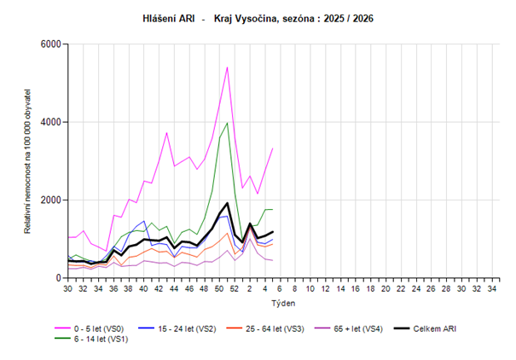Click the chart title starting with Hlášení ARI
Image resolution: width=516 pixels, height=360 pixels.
pyautogui.click(x=258, y=18)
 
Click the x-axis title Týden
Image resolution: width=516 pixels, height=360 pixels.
pyautogui.click(x=283, y=303)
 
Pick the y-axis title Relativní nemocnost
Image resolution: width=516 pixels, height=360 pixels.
pyautogui.click(x=27, y=161)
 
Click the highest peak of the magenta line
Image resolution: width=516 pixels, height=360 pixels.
pyautogui.click(x=227, y=67)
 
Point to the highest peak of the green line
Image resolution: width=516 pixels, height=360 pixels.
pyautogui.click(x=227, y=122)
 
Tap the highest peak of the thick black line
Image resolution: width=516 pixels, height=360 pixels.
pyautogui.click(x=227, y=203)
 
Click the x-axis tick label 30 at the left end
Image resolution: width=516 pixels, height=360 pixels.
pyautogui.click(x=68, y=289)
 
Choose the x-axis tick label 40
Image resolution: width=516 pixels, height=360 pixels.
pyautogui.click(x=144, y=289)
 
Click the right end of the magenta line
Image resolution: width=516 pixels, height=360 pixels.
pyautogui.click(x=272, y=148)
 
